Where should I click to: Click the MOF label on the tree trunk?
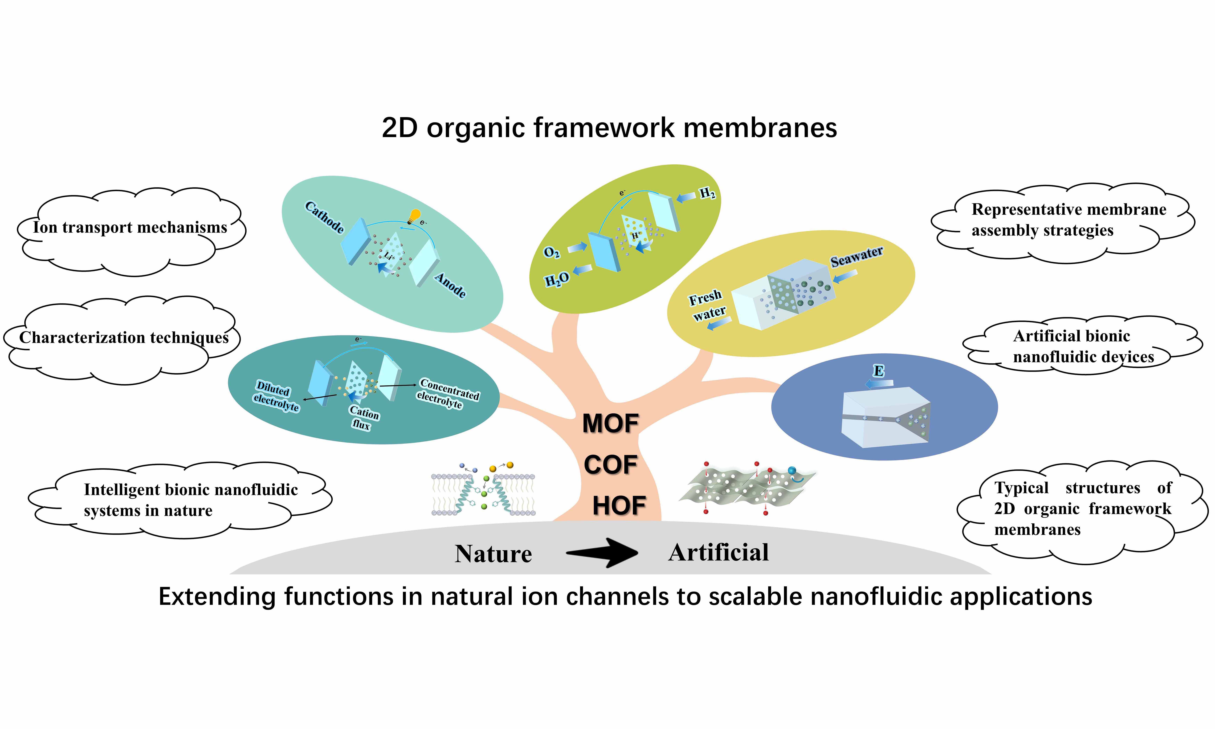pyautogui.click(x=610, y=423)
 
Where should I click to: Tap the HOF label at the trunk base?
pyautogui.click(x=619, y=506)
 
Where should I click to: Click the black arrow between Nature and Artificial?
pyautogui.click(x=602, y=553)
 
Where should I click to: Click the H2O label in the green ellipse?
pyautogui.click(x=557, y=279)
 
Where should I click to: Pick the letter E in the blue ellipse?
pyautogui.click(x=879, y=371)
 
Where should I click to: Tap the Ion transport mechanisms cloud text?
pyautogui.click(x=130, y=227)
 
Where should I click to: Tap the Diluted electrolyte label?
pyautogui.click(x=276, y=396)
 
